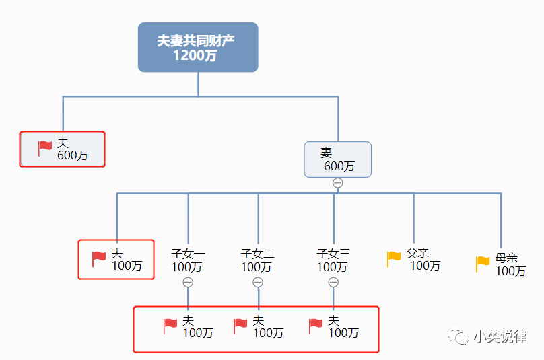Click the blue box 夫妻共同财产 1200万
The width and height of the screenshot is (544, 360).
[x=198, y=47]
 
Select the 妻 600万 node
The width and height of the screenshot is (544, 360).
[x=337, y=159]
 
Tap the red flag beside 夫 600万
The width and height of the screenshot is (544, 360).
[x=44, y=149]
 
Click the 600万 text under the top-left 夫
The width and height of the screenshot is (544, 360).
[x=73, y=155]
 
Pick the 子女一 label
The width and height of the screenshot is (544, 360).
[x=188, y=254]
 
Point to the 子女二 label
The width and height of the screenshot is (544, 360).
[x=258, y=254]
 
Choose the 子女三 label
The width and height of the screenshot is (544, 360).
[x=333, y=254]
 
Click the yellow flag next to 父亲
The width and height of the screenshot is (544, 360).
[x=394, y=259]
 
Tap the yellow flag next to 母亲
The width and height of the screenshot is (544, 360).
[x=483, y=264]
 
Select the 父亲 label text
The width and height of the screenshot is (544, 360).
[x=417, y=253]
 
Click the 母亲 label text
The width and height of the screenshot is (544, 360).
[x=506, y=258]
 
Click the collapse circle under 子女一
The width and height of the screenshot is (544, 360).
[x=188, y=283]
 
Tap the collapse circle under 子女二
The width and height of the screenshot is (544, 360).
[x=258, y=283]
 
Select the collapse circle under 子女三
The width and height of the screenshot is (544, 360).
[x=333, y=283]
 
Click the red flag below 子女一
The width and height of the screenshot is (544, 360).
[x=170, y=326]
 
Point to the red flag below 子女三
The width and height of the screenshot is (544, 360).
[x=316, y=326]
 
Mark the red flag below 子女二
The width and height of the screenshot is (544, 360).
[x=240, y=326]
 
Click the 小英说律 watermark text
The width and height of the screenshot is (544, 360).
[x=500, y=336]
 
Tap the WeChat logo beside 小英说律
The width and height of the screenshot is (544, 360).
[x=458, y=336]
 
